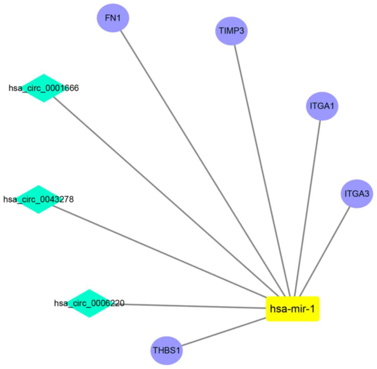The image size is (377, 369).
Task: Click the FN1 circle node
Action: coord(113,18)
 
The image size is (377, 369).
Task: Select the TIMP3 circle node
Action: coord(231,31)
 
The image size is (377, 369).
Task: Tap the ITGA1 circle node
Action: coord(322,106)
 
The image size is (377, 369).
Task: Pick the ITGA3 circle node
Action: coord(357,193)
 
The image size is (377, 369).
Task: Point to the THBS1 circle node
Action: coord(166,350)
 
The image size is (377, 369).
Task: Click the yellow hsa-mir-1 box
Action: coord(293,309)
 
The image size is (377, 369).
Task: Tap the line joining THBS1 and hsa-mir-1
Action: coord(224,332)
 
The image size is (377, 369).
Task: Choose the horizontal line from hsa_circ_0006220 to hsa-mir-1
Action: coord(194,306)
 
